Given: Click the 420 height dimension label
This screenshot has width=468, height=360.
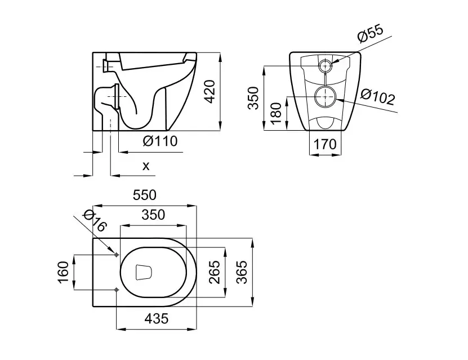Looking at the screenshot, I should click(210, 92).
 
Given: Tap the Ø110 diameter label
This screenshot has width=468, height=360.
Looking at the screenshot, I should click(159, 141).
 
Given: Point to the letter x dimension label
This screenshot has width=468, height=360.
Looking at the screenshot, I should click(146, 166).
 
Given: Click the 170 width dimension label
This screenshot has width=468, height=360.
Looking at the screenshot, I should click(325, 145).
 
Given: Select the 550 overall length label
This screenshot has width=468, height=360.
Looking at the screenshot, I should click(144, 195).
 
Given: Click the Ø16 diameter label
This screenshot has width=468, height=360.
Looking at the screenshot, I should click(93, 220).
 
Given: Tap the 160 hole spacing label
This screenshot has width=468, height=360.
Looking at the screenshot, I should click(63, 273).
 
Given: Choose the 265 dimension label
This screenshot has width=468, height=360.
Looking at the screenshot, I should click(214, 273).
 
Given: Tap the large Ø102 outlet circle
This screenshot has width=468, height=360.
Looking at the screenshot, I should click(325, 97).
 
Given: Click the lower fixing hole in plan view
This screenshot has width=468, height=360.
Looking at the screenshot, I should click(116, 290).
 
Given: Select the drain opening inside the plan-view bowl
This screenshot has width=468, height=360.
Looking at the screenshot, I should click(145, 273).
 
